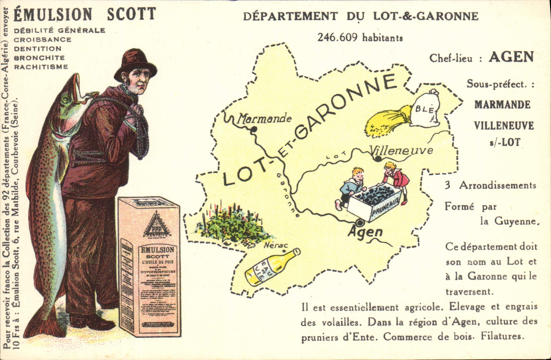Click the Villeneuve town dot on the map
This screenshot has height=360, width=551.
tap(378, 159)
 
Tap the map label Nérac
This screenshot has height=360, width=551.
tap(276, 246)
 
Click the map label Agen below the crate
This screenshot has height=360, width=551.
tap(365, 232)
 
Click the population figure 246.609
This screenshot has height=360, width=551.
tap(338, 37)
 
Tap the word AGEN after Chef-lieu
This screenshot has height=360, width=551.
tap(511, 57)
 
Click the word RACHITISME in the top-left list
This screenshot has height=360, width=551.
tap(41, 67)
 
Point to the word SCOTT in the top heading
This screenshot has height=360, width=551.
tap(131, 14)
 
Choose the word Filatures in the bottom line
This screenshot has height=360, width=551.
tap(501, 336)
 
